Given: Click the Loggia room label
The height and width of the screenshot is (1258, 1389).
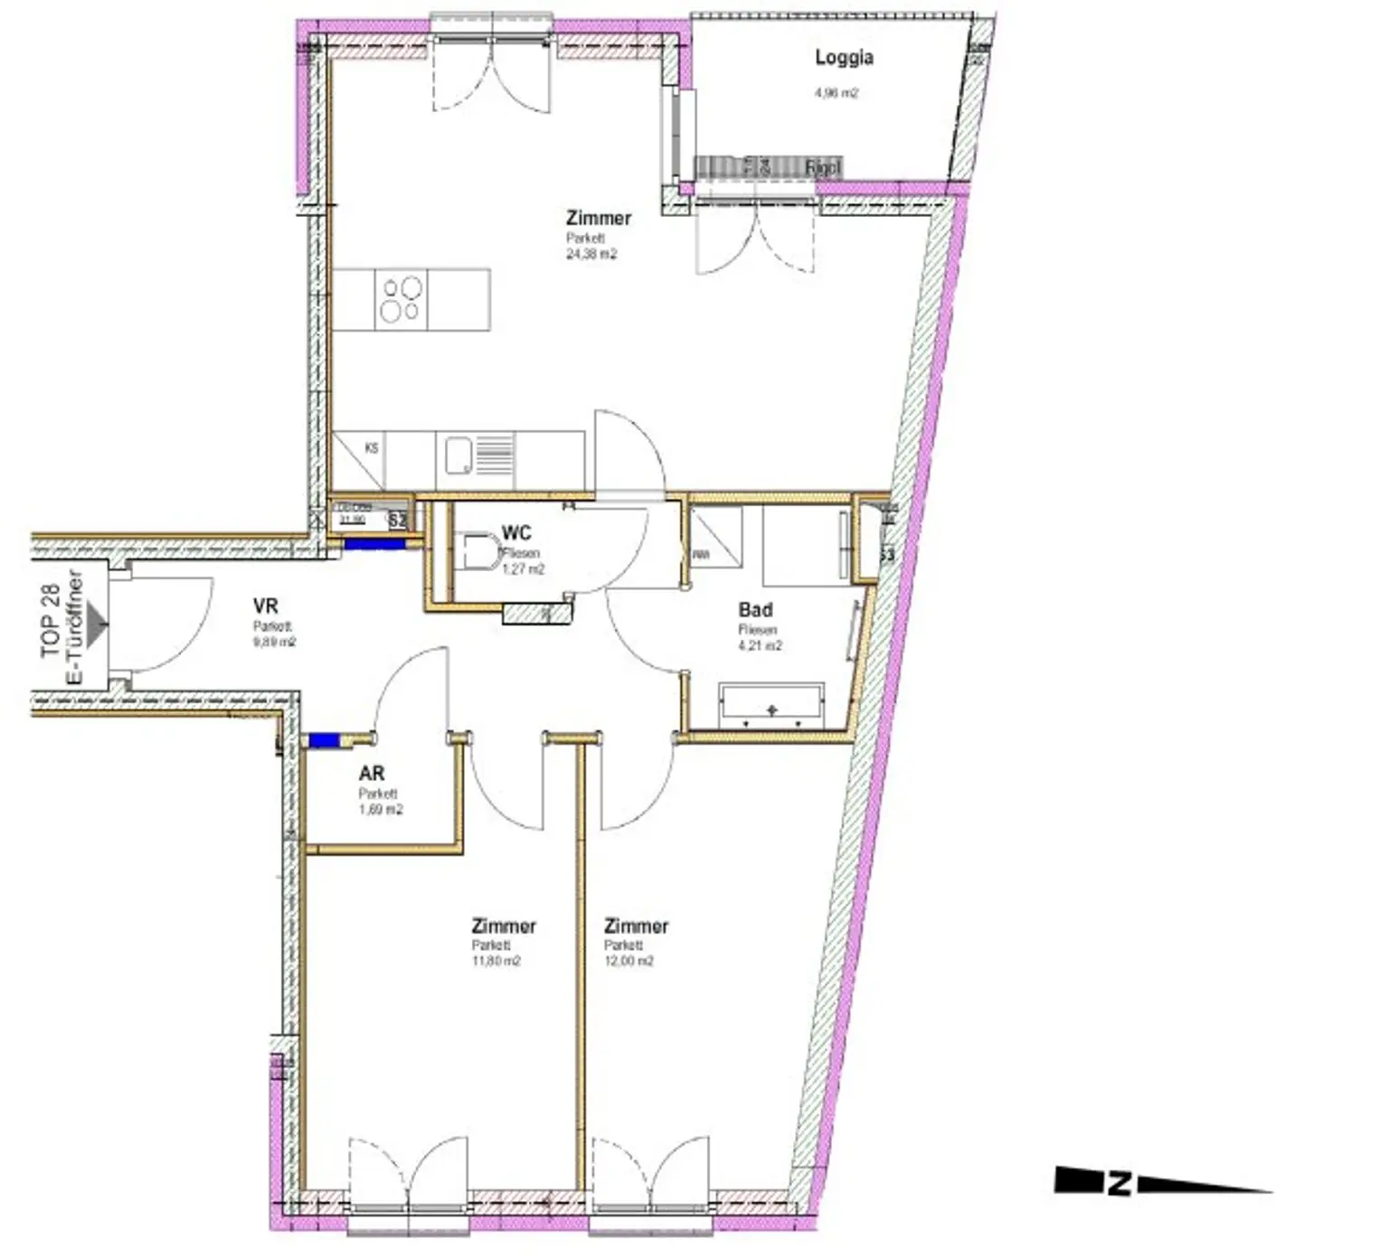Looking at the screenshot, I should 843,58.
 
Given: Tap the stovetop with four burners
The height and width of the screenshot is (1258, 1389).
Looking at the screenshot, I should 401,299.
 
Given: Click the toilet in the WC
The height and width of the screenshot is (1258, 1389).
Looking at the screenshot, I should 479,552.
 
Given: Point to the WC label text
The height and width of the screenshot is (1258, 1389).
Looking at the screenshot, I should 516,533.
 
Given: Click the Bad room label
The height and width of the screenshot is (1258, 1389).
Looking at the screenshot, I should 755,610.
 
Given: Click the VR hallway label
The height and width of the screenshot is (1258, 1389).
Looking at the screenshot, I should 265,606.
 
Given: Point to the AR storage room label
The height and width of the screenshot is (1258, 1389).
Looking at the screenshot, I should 372,774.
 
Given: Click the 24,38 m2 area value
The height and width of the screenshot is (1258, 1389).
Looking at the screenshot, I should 591,255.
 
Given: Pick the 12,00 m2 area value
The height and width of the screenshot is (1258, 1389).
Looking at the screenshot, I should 629,962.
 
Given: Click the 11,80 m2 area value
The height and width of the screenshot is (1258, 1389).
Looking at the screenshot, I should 496,962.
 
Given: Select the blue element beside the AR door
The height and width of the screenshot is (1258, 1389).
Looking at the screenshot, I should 323,740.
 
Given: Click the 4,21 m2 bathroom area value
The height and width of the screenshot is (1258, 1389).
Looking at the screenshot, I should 760,646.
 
